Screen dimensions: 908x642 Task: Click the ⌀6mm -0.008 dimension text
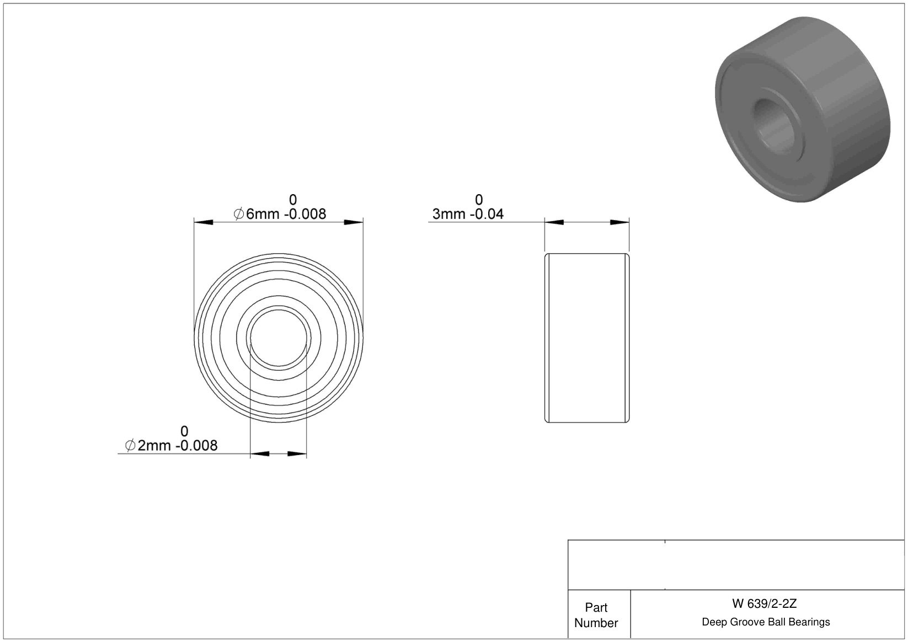click(280, 214)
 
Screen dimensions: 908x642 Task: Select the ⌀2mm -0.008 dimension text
click(172, 446)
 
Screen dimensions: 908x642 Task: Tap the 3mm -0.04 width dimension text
click(468, 214)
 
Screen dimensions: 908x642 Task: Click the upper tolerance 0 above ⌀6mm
click(293, 200)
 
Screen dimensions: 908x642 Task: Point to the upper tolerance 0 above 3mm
click(479, 200)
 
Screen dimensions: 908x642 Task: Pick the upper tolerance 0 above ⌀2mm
click(184, 431)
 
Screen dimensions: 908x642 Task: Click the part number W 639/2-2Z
click(764, 603)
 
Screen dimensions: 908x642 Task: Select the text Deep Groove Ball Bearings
click(766, 622)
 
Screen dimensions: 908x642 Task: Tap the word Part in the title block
click(596, 607)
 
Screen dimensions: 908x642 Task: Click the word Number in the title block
click(596, 623)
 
